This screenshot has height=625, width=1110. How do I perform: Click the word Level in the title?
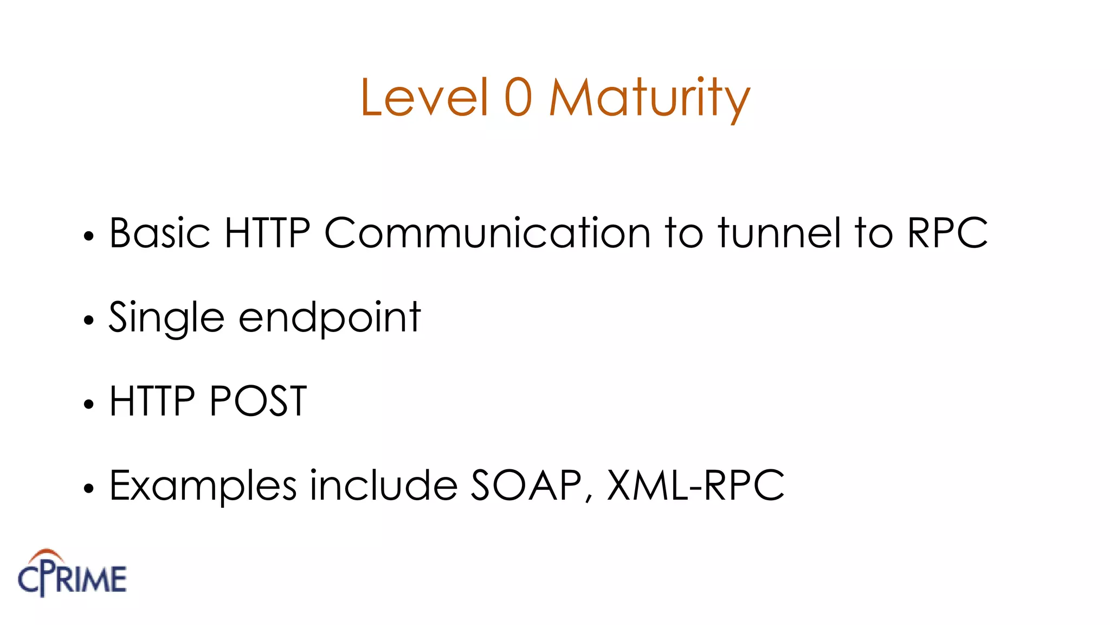pyautogui.click(x=424, y=97)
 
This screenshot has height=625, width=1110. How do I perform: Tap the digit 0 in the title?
pyautogui.click(x=518, y=97)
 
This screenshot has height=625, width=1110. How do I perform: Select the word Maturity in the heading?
pyautogui.click(x=649, y=99)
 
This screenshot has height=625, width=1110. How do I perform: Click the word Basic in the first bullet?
pyautogui.click(x=160, y=233)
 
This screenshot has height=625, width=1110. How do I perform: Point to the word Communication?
pyautogui.click(x=487, y=233)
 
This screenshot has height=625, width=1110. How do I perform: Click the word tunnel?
pyautogui.click(x=779, y=233)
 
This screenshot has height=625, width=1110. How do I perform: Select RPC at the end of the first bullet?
pyautogui.click(x=947, y=233)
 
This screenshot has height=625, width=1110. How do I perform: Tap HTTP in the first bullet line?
pyautogui.click(x=267, y=233)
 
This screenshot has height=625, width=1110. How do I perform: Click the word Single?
pyautogui.click(x=166, y=318)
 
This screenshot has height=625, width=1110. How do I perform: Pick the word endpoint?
pyautogui.click(x=330, y=318)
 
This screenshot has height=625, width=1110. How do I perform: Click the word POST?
pyautogui.click(x=258, y=401)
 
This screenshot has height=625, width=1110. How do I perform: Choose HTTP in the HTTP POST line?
pyautogui.click(x=152, y=401)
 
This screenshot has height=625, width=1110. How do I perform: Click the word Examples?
pyautogui.click(x=203, y=486)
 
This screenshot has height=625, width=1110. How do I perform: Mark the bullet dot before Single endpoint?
pyautogui.click(x=89, y=320)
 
